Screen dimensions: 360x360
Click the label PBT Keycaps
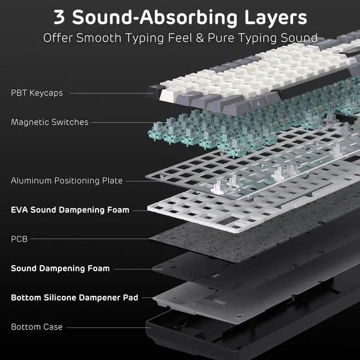click(37, 93)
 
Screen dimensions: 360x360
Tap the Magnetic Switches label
click(49, 122)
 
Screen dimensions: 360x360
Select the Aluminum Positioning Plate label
click(66, 181)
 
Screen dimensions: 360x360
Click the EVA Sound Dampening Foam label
click(70, 210)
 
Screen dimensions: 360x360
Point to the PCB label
click(19, 239)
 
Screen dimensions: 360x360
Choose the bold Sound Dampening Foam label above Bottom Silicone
click(60, 268)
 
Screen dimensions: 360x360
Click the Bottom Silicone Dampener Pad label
click(74, 298)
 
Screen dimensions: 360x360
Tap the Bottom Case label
click(37, 327)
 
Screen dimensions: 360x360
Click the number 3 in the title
click(60, 16)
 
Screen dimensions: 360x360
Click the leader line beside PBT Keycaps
click(107, 93)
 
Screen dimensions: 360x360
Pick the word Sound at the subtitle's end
click(298, 38)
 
